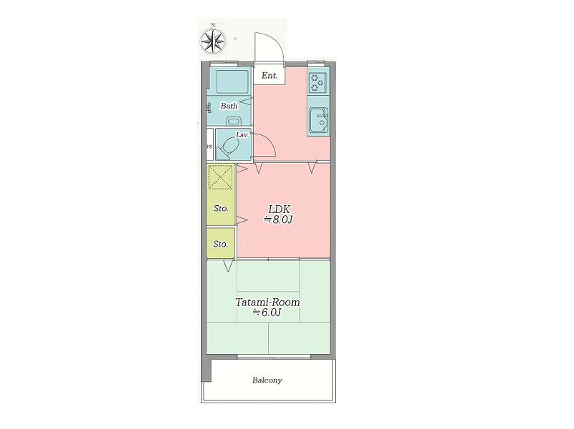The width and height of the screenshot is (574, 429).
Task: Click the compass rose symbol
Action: (x=213, y=39)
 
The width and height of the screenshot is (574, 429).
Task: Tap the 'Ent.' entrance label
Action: (x=269, y=76)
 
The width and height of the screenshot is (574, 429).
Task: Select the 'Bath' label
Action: (x=229, y=106)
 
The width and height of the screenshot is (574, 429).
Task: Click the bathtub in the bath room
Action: (x=232, y=82)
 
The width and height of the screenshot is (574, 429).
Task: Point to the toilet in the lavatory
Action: (x=229, y=147)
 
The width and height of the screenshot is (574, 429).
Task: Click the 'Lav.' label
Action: (x=242, y=134)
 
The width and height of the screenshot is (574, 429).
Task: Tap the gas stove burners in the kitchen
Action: (x=317, y=83)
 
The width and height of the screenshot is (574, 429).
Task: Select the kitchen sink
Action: (x=318, y=120)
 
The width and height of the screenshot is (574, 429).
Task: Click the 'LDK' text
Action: (x=279, y=209)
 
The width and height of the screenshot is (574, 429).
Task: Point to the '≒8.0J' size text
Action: (x=279, y=220)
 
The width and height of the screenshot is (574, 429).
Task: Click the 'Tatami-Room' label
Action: (x=267, y=302)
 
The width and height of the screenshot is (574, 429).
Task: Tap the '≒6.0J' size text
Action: (x=267, y=312)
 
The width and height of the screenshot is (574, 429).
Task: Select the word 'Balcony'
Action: (x=267, y=380)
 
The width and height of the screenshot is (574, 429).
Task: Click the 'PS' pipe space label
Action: (x=209, y=147)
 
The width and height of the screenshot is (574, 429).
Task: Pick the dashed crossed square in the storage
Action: (x=220, y=177)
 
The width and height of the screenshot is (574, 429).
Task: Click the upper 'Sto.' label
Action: (x=221, y=209)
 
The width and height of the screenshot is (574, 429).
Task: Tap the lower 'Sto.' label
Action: (x=220, y=244)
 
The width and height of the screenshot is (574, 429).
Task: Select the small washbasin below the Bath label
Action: (x=233, y=121)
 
